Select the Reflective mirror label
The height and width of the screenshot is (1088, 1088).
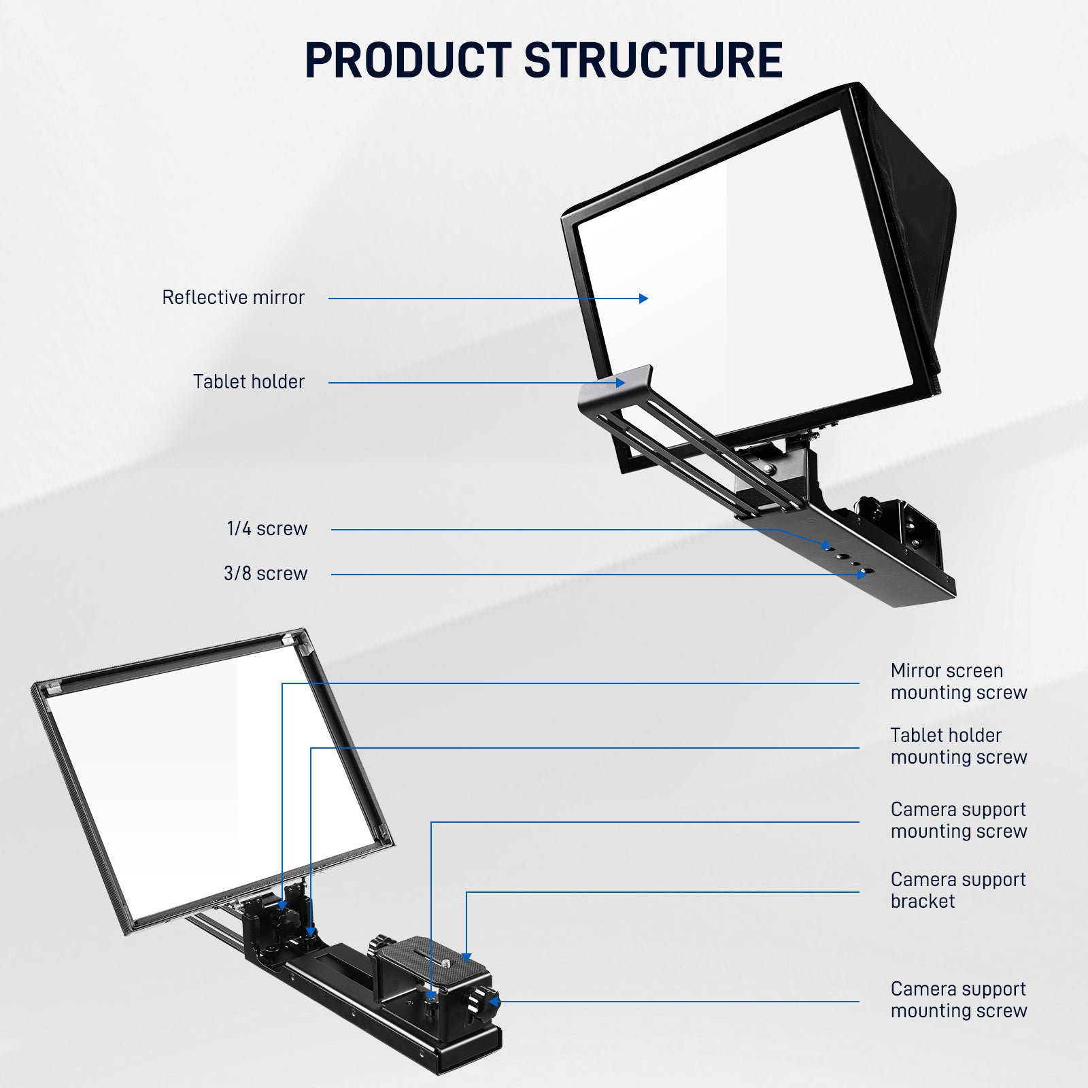tap(233, 298)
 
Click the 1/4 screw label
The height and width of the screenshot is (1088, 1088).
tap(267, 529)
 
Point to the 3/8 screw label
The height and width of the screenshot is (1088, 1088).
tap(266, 574)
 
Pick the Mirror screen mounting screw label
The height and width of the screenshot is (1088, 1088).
tap(959, 682)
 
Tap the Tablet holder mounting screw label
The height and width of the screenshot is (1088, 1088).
tap(959, 747)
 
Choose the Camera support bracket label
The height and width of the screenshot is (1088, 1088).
tap(958, 891)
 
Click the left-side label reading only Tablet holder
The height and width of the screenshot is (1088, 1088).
tap(249, 382)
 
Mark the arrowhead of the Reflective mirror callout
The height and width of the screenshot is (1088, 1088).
tap(644, 298)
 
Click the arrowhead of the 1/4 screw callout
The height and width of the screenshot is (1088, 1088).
tap(827, 545)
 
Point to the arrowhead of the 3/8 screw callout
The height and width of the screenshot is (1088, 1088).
tap(862, 575)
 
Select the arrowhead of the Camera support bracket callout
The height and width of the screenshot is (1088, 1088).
tap(466, 957)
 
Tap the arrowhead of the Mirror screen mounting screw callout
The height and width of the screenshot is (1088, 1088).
tap(283, 906)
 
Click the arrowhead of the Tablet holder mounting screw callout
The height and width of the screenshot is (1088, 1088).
tap(311, 932)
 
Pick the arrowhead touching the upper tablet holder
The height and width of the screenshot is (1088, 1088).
tap(620, 383)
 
